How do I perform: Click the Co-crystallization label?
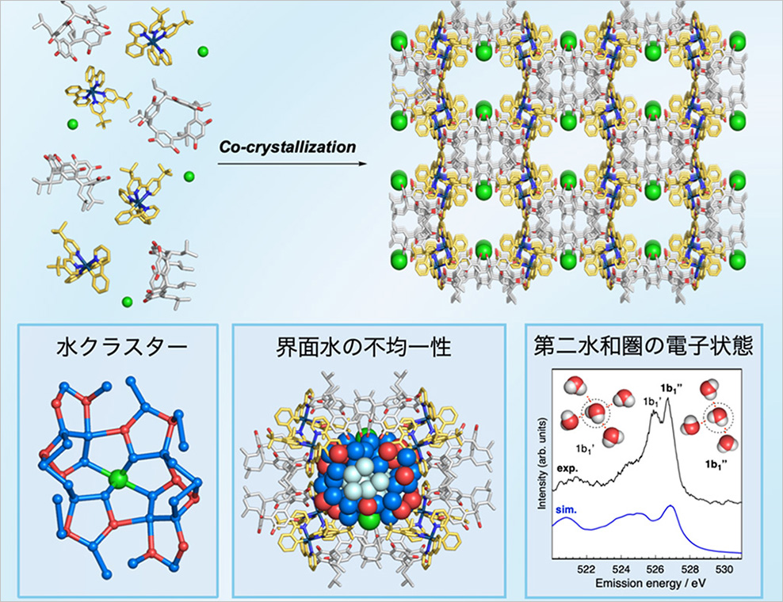coord(288,147)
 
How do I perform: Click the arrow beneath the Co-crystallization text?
coord(292,163)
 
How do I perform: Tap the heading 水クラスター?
coord(122,347)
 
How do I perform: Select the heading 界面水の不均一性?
coord(364,347)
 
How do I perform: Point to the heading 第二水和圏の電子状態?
coord(644,346)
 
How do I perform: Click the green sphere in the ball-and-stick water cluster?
coord(119,479)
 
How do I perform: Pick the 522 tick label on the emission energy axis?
coord(586,569)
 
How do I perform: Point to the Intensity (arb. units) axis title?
coord(542,464)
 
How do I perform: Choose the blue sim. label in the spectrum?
coord(566,510)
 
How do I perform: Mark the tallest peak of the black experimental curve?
coord(667,398)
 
